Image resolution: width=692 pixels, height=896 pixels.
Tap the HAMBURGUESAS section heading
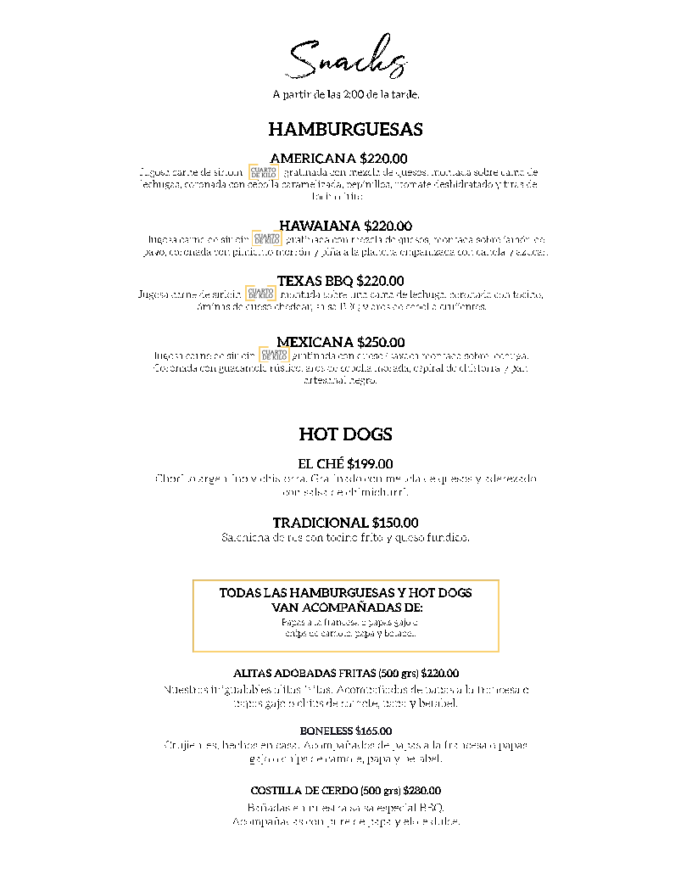click(x=345, y=130)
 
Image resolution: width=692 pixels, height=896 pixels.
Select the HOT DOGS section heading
click(x=345, y=434)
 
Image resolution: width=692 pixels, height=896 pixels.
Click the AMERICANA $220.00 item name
click(x=338, y=159)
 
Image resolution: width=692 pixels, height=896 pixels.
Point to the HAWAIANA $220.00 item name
click(x=345, y=226)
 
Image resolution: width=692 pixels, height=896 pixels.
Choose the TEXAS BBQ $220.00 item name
click(x=340, y=281)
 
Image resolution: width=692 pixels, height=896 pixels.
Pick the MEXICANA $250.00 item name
click(x=340, y=342)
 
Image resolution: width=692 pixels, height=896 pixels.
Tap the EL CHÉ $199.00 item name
click(x=345, y=464)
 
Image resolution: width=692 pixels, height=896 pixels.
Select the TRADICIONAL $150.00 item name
click(x=345, y=523)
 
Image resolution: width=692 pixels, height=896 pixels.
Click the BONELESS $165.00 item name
click(x=345, y=731)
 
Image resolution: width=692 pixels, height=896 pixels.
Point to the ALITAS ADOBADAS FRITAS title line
click(x=345, y=673)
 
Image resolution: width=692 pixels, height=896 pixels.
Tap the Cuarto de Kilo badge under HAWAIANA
click(x=266, y=240)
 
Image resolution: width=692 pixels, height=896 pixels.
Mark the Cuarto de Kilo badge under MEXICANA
click(x=273, y=356)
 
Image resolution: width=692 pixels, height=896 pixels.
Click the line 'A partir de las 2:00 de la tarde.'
click(x=346, y=94)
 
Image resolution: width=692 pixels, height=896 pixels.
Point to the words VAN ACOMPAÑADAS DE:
click(x=346, y=608)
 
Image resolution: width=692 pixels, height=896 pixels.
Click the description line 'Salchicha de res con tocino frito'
click(x=345, y=538)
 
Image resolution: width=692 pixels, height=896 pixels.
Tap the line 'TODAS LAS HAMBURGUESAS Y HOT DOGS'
click(x=345, y=593)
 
